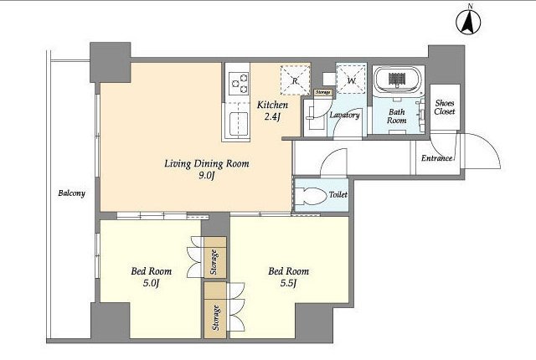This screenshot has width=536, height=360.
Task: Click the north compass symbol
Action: pyautogui.click(x=468, y=21)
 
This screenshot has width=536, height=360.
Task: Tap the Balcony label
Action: pyautogui.click(x=71, y=193)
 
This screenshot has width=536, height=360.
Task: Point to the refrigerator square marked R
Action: pyautogui.click(x=296, y=80)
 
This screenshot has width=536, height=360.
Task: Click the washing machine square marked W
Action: pyautogui.click(x=352, y=79)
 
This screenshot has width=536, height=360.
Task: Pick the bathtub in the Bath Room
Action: pyautogui.click(x=396, y=80)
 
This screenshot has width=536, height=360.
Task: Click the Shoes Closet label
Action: pyautogui.click(x=445, y=107)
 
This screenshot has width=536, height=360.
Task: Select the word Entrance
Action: pyautogui.click(x=437, y=158)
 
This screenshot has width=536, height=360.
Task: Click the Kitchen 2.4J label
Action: pyautogui.click(x=272, y=111)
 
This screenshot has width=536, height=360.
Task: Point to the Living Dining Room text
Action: pyautogui.click(x=207, y=163)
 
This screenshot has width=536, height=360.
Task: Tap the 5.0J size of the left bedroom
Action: pyautogui.click(x=151, y=283)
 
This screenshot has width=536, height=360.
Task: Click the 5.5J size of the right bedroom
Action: pyautogui.click(x=288, y=283)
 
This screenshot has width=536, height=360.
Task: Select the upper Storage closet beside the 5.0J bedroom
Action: pyautogui.click(x=215, y=258)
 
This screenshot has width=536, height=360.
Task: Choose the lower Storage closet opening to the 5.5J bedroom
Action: pyautogui.click(x=215, y=310)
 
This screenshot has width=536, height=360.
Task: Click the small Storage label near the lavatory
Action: pyautogui.click(x=323, y=92)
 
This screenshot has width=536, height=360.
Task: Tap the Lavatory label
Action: pyautogui.click(x=344, y=115)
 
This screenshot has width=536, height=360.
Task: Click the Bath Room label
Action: pyautogui.click(x=397, y=116)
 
